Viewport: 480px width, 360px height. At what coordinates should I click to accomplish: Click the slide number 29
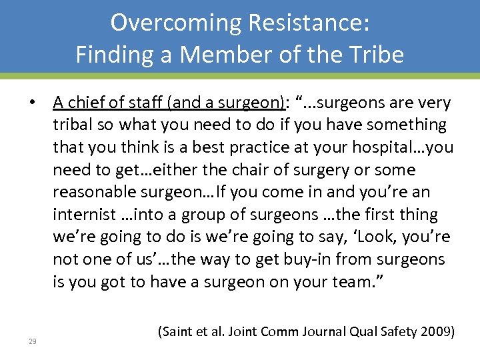click(33, 341)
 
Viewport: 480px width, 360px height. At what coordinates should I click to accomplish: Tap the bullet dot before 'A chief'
click(31, 103)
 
